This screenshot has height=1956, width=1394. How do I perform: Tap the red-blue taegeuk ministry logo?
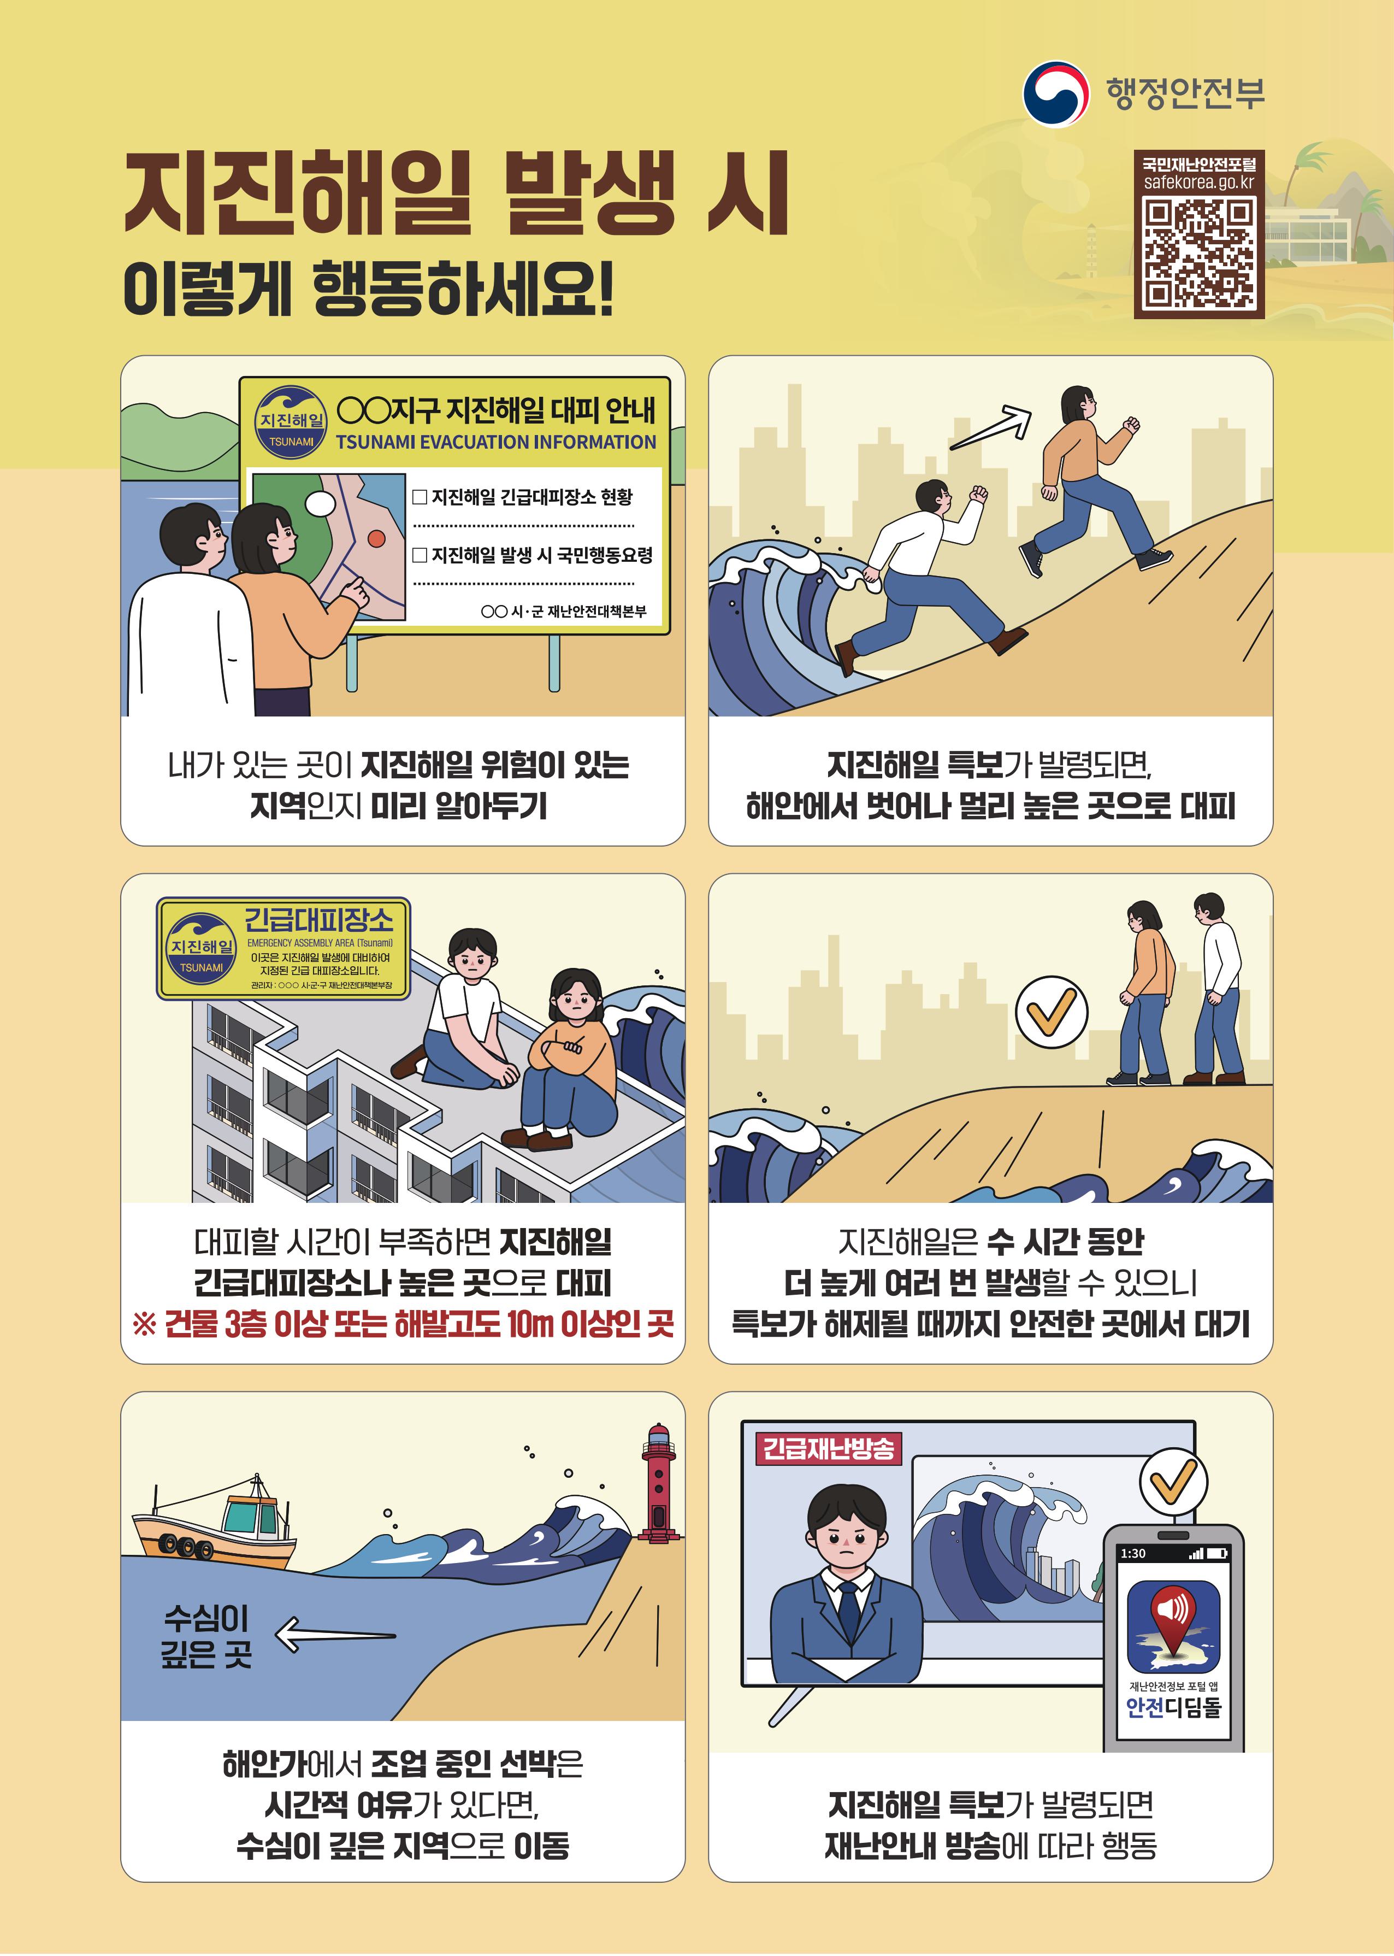click(1055, 93)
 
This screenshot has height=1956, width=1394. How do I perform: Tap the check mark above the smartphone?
click(1173, 1481)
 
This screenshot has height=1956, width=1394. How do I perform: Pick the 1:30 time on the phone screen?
click(1133, 1553)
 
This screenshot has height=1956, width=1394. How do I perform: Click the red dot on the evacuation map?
click(376, 538)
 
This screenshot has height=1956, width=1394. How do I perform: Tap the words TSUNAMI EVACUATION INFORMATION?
click(495, 442)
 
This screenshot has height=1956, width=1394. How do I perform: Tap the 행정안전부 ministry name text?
click(1185, 93)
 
